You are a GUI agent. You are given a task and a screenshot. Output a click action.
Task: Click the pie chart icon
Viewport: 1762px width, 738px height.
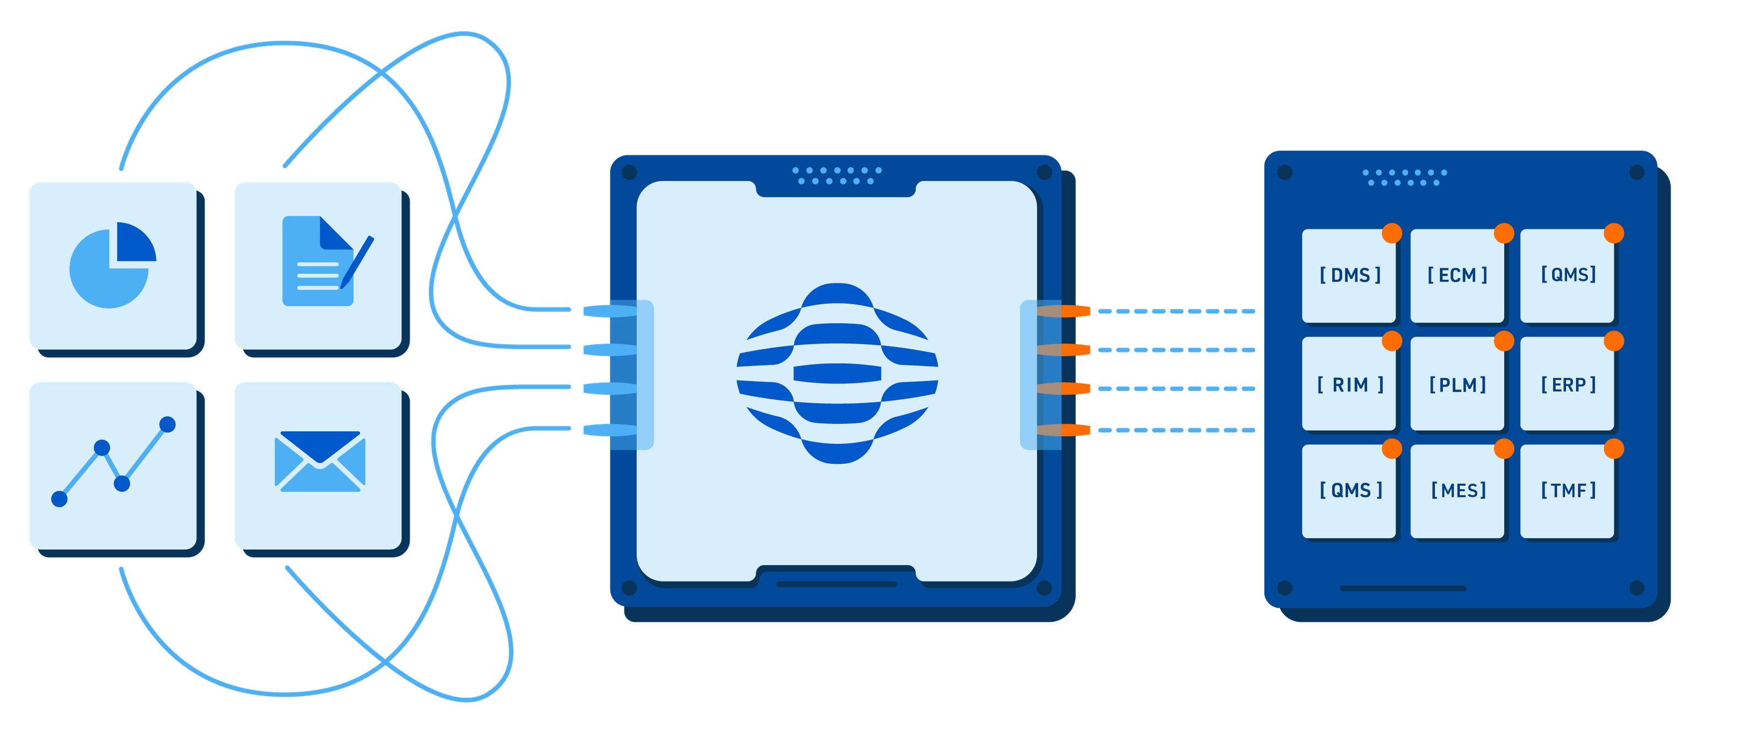point(111,265)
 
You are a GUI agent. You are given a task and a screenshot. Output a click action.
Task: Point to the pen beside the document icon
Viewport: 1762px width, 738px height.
point(357,261)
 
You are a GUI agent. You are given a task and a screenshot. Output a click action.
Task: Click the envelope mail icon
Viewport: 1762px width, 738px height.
point(319,461)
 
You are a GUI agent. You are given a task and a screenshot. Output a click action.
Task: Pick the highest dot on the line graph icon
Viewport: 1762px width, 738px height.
point(167,425)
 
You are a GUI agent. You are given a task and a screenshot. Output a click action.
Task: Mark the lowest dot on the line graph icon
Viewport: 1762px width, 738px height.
point(59,498)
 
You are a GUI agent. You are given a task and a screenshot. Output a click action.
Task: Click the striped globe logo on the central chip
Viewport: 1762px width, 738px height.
point(837,373)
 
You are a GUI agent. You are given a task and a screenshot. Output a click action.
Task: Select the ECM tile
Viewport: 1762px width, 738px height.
point(1457,275)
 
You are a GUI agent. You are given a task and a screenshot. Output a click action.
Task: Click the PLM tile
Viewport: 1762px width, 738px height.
point(1457,384)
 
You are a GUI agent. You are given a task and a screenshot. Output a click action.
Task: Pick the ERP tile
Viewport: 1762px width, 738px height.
point(1567,384)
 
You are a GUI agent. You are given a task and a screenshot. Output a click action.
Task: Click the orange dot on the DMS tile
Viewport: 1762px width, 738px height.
point(1392,233)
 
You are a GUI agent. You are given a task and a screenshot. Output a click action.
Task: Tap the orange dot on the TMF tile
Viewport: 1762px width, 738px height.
point(1613,449)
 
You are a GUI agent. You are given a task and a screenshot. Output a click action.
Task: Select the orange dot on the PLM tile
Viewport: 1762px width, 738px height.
point(1503,340)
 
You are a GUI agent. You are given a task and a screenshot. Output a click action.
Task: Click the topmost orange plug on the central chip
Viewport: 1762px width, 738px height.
point(1064,312)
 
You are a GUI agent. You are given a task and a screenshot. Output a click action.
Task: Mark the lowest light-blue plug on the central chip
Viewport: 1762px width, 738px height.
point(609,430)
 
